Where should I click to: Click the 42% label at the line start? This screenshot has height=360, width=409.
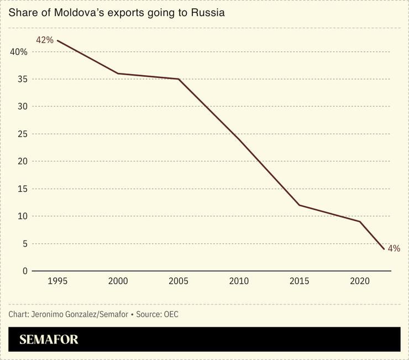pyautogui.click(x=45, y=40)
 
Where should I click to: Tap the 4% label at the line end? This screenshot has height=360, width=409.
pyautogui.click(x=394, y=248)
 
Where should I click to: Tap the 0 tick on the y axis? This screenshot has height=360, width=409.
pyautogui.click(x=24, y=271)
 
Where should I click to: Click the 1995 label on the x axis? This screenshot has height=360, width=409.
pyautogui.click(x=57, y=281)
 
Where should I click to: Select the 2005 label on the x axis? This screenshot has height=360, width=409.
pyautogui.click(x=179, y=281)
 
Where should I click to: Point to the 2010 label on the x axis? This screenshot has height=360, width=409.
pyautogui.click(x=239, y=281)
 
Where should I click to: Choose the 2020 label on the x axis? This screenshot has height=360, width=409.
pyautogui.click(x=360, y=281)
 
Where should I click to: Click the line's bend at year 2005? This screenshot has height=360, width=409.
pyautogui.click(x=179, y=79)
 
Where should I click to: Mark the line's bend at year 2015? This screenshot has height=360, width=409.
pyautogui.click(x=300, y=205)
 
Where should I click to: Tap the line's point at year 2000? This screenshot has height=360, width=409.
pyautogui.click(x=118, y=74)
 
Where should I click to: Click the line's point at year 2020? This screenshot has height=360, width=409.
pyautogui.click(x=360, y=222)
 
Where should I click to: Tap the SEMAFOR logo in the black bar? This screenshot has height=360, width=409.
pyautogui.click(x=49, y=340)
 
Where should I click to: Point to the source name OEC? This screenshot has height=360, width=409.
pyautogui.click(x=170, y=314)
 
